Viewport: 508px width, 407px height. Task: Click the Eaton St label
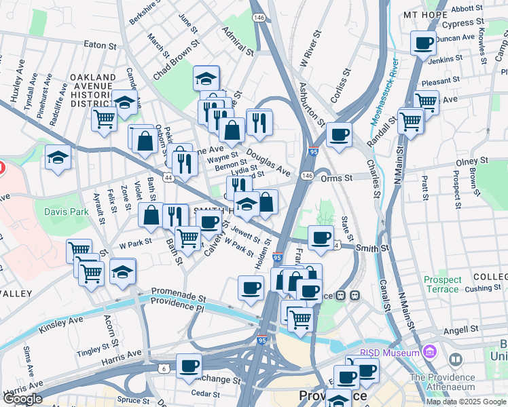pyautogui.click(x=101, y=45)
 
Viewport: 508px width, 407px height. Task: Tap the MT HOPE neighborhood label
pyautogui.click(x=425, y=14)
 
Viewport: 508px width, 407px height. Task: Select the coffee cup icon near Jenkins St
pyautogui.click(x=424, y=44)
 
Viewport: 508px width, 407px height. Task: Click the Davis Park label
pyautogui.click(x=67, y=212)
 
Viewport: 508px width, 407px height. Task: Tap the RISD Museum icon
pyautogui.click(x=429, y=352)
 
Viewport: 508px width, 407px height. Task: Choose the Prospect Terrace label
pyautogui.click(x=441, y=284)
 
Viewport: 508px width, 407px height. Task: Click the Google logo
pyautogui.click(x=22, y=399)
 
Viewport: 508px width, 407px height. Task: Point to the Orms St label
pyautogui.click(x=337, y=178)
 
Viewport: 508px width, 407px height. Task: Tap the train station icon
pyautogui.click(x=353, y=296)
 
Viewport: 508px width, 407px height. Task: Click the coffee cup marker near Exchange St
pyautogui.click(x=189, y=366)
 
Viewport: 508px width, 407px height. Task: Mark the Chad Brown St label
pyautogui.click(x=175, y=60)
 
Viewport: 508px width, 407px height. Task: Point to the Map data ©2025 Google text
pyautogui.click(x=465, y=401)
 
